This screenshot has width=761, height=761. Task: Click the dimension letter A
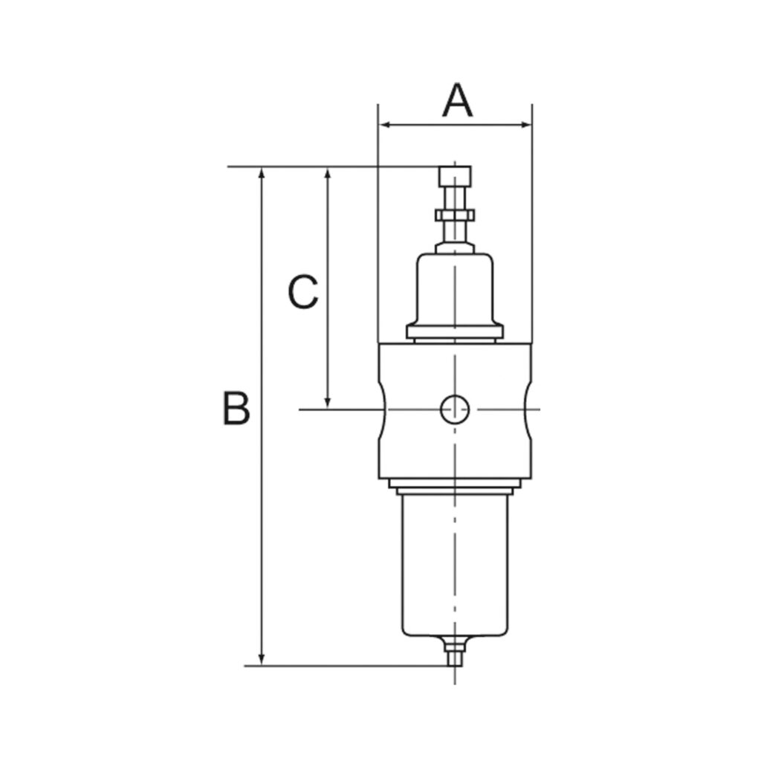457,102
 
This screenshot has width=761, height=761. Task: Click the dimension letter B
236,408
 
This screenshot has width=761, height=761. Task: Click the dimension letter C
303,292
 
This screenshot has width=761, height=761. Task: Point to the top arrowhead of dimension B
261,173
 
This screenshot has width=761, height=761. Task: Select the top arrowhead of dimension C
328,173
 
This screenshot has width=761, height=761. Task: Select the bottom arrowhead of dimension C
328,402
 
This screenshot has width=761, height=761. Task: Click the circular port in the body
454,409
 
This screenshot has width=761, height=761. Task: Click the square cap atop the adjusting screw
455,177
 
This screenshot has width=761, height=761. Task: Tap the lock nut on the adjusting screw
455,215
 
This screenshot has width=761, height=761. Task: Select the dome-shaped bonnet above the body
455,290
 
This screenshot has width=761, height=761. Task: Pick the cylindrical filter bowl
455,565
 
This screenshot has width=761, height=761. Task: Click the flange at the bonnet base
455,332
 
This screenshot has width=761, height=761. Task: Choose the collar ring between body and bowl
455,484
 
